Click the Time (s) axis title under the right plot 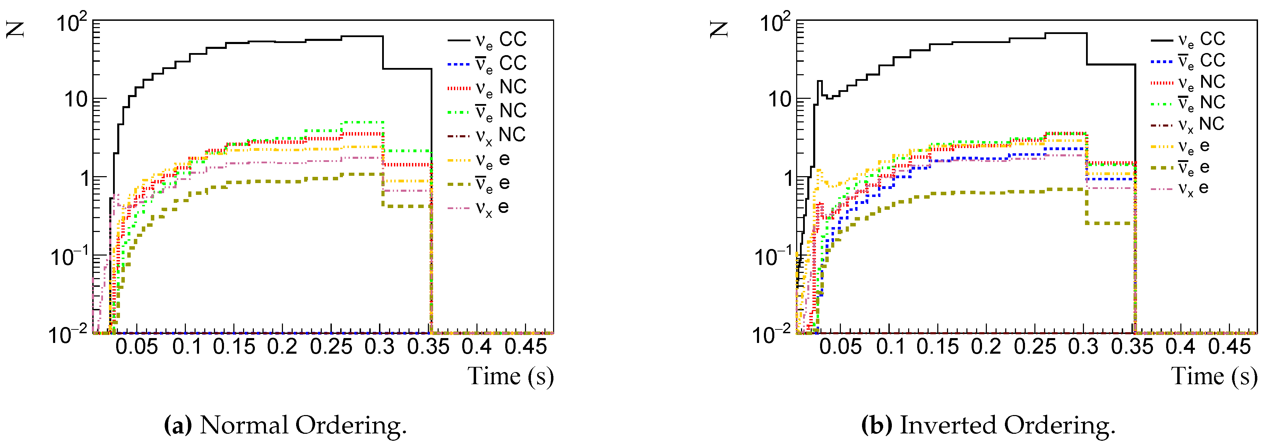tap(1214, 377)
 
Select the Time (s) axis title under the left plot tap(510, 377)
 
